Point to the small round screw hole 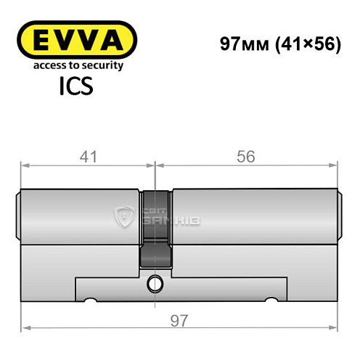tap(156, 282)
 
